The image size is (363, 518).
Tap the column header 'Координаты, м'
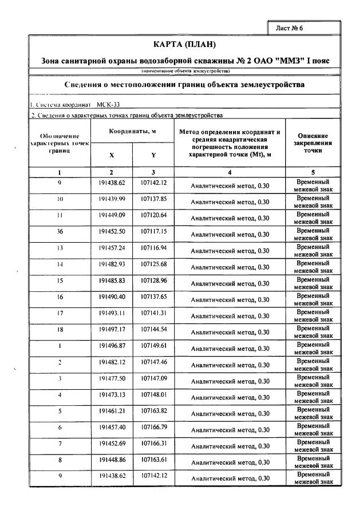[x=132, y=131]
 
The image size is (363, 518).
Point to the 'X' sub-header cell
[x=111, y=155]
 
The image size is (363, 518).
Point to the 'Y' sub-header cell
[x=153, y=155]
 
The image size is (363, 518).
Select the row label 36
[x=60, y=232]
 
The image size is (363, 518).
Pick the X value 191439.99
[x=111, y=199]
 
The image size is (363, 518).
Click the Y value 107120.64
[x=153, y=216]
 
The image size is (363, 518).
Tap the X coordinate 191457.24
[x=111, y=248]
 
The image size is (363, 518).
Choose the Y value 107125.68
[x=153, y=265]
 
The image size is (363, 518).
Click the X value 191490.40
[x=111, y=298]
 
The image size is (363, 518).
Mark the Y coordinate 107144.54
[x=153, y=330]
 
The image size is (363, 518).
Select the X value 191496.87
[x=111, y=346]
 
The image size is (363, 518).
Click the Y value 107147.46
[x=153, y=363]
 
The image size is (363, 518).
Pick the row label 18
[x=60, y=330]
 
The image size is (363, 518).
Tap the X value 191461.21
[x=111, y=412]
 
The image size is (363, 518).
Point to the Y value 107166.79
[x=153, y=428]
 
